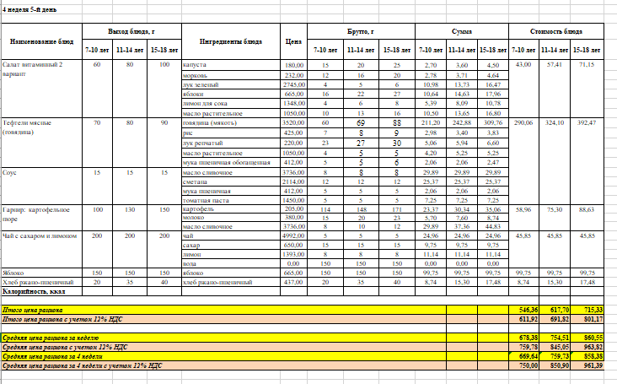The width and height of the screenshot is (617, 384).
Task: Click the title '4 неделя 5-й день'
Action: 30,6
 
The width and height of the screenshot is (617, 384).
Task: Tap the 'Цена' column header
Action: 293,41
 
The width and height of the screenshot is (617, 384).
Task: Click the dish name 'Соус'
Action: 10,171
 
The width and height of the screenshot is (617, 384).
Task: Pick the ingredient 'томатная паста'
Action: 204,199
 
